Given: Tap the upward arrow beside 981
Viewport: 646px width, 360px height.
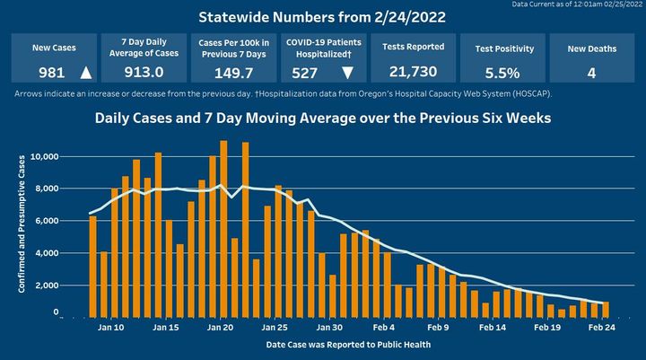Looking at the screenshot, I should coord(85,72).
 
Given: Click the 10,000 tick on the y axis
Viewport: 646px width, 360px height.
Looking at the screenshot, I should coord(44,157).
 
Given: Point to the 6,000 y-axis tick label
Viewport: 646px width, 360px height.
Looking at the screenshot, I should coord(47,221).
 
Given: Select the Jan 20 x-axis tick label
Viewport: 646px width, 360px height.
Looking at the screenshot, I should coord(220,328).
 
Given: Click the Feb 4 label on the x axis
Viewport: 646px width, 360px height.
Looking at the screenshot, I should coord(385,328).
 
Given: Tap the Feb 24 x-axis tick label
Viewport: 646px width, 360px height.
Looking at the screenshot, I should coord(602,328).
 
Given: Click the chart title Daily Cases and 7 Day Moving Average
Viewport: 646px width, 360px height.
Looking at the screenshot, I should coord(323,118).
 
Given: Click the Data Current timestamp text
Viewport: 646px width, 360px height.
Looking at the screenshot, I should coord(577,4).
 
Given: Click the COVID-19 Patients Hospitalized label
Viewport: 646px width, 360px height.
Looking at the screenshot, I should coord(322,48).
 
